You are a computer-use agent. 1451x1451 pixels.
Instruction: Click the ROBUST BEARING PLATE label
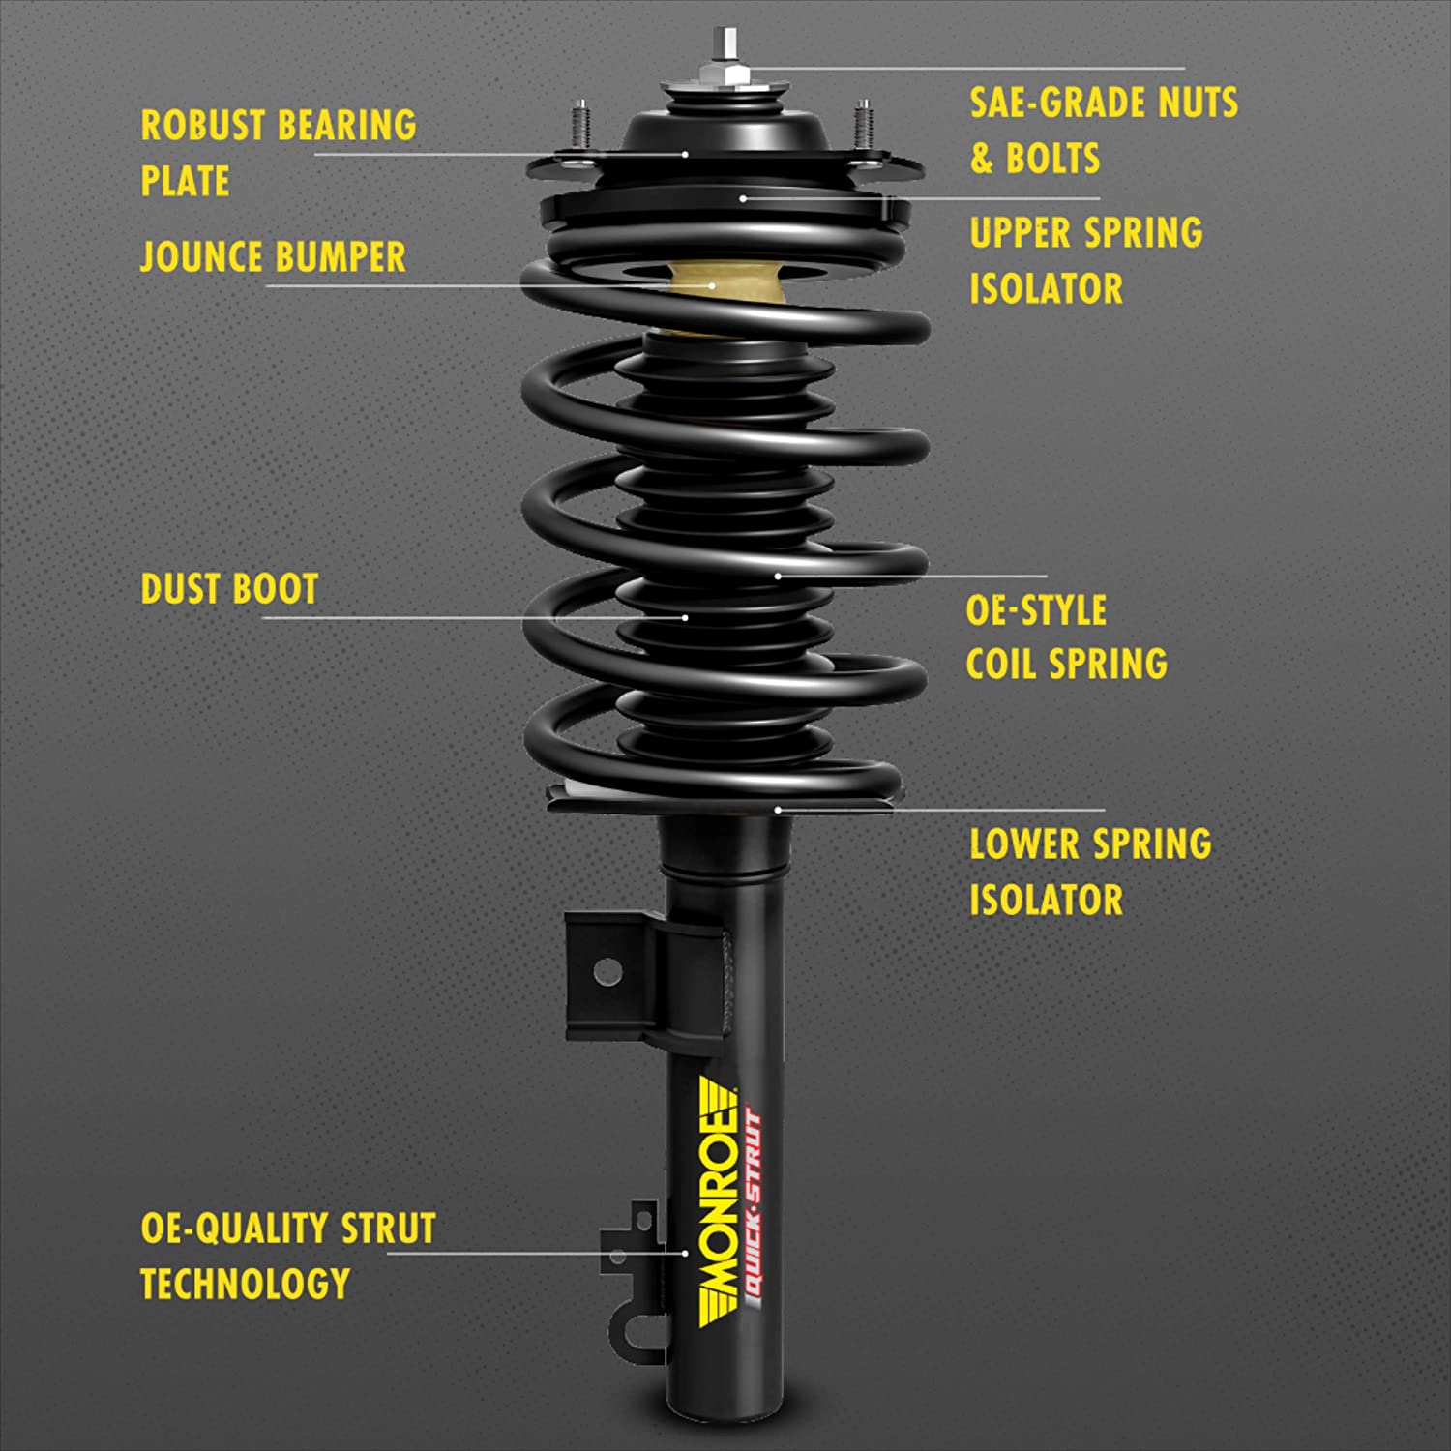[279, 153]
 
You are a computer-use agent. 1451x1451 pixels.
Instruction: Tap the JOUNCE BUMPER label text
[273, 257]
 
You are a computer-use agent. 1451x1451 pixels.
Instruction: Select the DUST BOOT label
[229, 589]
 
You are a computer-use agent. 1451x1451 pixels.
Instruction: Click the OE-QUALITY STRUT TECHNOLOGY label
[287, 1256]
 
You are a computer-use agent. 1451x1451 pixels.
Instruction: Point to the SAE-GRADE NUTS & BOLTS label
[1103, 130]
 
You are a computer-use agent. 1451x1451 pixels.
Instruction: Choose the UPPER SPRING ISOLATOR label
[1085, 260]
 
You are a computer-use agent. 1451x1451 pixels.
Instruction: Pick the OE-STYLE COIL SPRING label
[1066, 637]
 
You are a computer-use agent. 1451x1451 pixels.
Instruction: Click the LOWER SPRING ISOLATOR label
[1089, 872]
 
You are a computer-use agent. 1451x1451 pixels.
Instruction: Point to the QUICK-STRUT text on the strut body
[754, 1209]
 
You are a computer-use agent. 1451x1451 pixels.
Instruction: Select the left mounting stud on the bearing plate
[579, 126]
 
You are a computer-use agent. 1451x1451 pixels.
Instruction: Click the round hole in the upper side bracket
[607, 971]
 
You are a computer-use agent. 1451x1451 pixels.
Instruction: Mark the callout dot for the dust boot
[685, 617]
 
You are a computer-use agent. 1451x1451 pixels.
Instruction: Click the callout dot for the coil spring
[778, 576]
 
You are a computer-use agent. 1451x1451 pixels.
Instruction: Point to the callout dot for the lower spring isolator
[778, 810]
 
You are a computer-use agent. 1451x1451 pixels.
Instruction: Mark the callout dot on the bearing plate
[685, 154]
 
